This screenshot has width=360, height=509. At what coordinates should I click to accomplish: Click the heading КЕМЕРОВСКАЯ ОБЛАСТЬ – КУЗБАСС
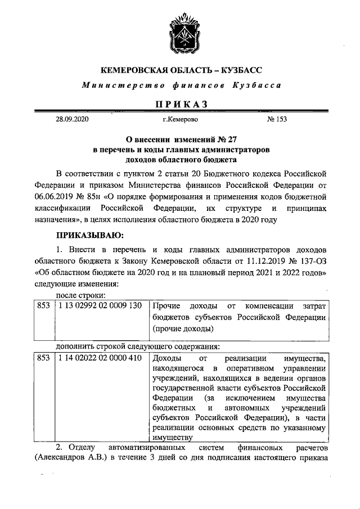click(181, 70)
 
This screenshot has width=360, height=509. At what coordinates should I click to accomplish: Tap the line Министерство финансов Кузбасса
click(181, 85)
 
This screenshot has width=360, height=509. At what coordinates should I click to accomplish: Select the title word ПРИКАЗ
click(181, 104)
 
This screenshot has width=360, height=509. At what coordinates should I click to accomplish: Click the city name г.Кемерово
click(180, 120)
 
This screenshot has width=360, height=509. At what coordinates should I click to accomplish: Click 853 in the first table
click(43, 305)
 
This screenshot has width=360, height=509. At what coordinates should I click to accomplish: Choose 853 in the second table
click(43, 358)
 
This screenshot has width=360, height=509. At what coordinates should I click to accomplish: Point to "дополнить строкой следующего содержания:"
click(137, 346)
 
